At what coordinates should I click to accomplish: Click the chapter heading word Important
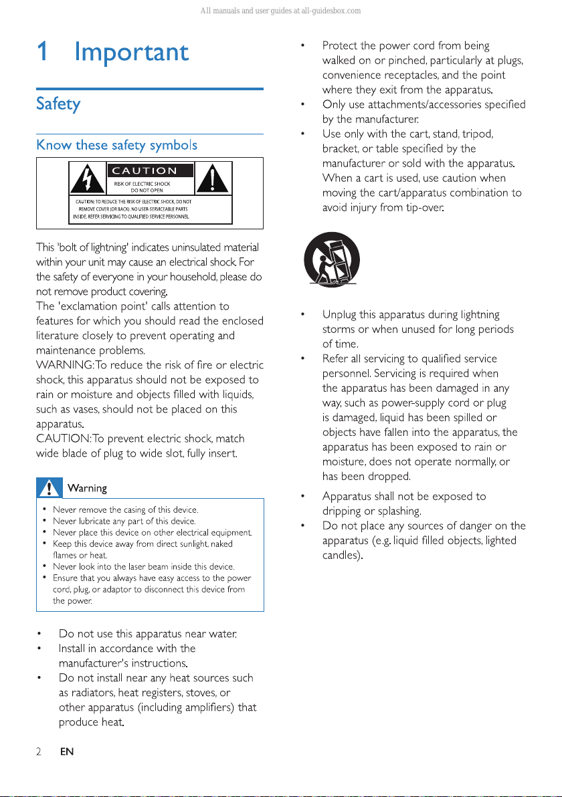[131, 53]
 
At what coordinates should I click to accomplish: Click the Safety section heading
[58, 104]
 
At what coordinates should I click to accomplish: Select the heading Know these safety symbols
[116, 144]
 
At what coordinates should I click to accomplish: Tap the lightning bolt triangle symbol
[86, 179]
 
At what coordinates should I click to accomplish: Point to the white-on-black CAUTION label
[149, 171]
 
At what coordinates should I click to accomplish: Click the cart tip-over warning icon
[332, 259]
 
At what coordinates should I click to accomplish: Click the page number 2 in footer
[39, 752]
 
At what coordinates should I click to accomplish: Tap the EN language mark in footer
[66, 752]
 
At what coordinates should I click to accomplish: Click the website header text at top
[281, 11]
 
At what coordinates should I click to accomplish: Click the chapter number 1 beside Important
[42, 53]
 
